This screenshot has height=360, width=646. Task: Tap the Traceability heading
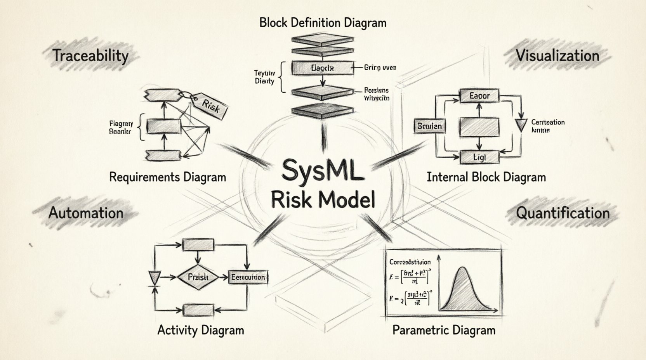coord(90,55)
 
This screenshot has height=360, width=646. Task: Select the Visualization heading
coord(557,55)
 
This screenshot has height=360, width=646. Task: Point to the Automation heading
coord(86,213)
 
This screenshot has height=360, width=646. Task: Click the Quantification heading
coord(562,213)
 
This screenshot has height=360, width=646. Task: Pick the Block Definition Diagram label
coord(323,22)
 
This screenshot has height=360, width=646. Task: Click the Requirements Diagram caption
coord(167,177)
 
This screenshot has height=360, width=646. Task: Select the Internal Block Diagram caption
coord(486,177)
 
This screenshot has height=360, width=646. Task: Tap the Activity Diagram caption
coord(201,330)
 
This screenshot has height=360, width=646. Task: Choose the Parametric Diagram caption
coord(444,330)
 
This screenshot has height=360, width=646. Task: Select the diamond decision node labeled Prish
coord(198,277)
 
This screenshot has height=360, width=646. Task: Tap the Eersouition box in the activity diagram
coord(248,277)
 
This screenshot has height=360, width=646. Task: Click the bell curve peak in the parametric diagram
coord(462,268)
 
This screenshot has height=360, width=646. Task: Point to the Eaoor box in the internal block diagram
coord(479,95)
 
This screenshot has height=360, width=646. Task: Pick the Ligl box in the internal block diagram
coord(479,157)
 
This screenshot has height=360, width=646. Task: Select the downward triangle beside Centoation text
coord(521,125)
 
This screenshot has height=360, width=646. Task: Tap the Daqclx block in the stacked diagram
coord(322,68)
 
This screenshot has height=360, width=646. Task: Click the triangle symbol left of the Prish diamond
coord(155,277)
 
